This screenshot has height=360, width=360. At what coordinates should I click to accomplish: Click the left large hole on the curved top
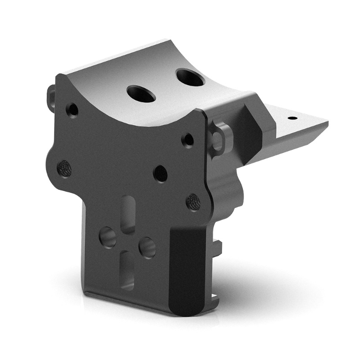[141, 94]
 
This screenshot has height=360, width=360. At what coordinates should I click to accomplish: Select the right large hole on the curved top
[190, 77]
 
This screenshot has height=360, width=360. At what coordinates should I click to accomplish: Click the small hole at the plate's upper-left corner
[72, 109]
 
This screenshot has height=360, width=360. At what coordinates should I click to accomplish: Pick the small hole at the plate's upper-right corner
[188, 139]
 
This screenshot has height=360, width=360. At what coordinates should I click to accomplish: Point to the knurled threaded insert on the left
[64, 169]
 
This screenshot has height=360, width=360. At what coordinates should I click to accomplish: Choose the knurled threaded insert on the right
[193, 202]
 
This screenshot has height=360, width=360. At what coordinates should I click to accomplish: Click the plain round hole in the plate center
[160, 173]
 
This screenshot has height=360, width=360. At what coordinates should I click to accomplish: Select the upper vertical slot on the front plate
[128, 215]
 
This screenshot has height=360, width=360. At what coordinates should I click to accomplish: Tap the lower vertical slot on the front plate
[127, 270]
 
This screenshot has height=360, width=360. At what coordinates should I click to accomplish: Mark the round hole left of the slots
[108, 237]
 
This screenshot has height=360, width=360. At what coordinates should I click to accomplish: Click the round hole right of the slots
[147, 247]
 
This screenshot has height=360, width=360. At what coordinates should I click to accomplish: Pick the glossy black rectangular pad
[188, 270]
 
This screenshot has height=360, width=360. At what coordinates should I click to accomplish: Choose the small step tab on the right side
[218, 247]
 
